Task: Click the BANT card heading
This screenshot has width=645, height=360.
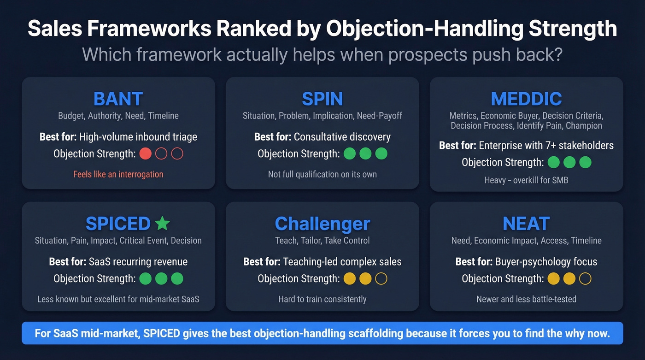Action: [x=118, y=99]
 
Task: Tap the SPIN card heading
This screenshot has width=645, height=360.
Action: [x=322, y=99]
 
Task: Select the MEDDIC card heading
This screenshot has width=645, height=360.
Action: [x=526, y=99]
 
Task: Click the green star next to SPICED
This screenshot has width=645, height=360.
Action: [x=162, y=224]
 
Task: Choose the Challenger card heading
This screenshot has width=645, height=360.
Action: [x=322, y=224]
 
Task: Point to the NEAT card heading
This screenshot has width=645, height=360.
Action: [x=526, y=224]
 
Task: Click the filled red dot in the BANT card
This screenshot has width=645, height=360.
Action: [x=146, y=153]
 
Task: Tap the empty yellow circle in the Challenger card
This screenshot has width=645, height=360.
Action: [x=381, y=278]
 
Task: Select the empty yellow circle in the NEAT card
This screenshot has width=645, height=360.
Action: [x=585, y=278]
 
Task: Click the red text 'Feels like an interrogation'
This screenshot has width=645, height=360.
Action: [x=118, y=174]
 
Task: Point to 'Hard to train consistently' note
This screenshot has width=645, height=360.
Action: [x=322, y=299]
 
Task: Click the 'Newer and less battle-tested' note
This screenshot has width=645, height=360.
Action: [x=526, y=299]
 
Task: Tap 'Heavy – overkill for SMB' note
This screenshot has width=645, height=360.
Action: [x=526, y=180]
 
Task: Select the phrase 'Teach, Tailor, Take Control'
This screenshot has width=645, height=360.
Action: [x=322, y=240]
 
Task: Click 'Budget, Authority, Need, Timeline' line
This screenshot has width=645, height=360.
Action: [x=118, y=116]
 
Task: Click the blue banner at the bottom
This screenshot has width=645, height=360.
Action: [x=322, y=333]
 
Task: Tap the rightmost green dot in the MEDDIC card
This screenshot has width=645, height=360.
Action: [x=585, y=162]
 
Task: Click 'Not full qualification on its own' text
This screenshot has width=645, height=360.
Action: [x=322, y=174]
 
